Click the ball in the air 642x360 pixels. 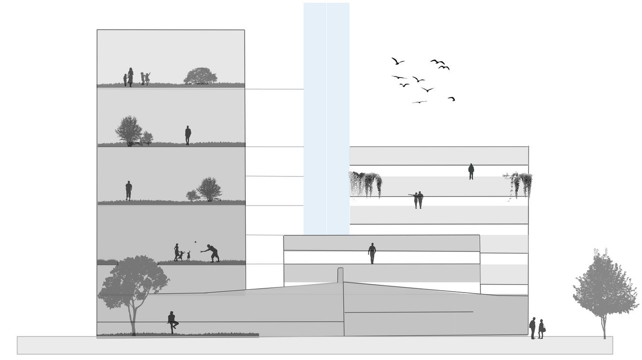(195, 242)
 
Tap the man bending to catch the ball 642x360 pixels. (212, 253)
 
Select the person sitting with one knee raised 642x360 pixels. (172, 322)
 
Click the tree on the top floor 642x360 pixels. (200, 76)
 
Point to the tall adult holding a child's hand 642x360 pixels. (130, 76)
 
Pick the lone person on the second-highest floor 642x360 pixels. (188, 135)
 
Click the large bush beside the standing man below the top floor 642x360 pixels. (129, 130)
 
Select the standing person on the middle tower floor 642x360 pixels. (129, 190)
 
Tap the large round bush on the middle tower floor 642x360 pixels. (209, 189)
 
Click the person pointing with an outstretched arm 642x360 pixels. (415, 199)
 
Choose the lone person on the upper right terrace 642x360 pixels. (471, 171)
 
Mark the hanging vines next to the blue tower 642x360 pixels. (365, 184)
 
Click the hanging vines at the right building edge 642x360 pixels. (520, 184)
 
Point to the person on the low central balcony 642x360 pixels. (372, 253)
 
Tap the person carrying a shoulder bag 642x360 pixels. (541, 329)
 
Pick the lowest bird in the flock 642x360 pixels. (419, 102)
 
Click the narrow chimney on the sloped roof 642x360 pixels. (340, 275)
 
